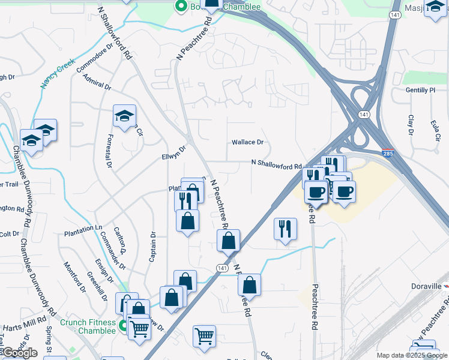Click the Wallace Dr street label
[x=248, y=142]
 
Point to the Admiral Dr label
[x=98, y=83]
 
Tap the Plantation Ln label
[x=83, y=228]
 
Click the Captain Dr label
[x=152, y=247]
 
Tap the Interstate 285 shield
[x=388, y=154]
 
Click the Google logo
[x=20, y=353]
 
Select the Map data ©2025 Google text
[x=411, y=355]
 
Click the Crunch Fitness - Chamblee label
[x=88, y=326]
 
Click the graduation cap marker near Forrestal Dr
[x=124, y=116]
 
